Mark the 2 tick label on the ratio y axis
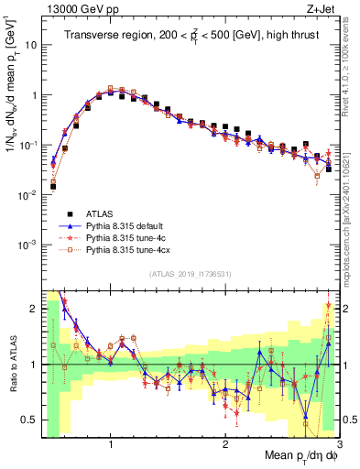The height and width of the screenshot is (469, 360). (x=33, y=309)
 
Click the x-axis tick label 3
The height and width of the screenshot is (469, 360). (x=338, y=442)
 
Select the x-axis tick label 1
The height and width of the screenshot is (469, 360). (x=111, y=442)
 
